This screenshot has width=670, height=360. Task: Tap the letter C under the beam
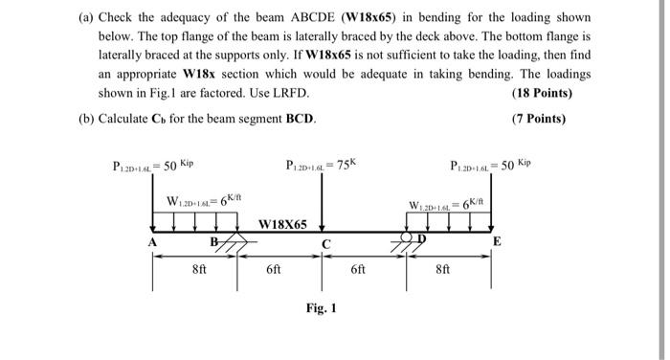(x=326, y=244)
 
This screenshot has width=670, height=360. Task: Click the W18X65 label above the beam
(x=283, y=224)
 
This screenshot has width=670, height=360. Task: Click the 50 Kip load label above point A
(x=152, y=165)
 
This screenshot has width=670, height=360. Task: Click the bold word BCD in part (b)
(x=297, y=119)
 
